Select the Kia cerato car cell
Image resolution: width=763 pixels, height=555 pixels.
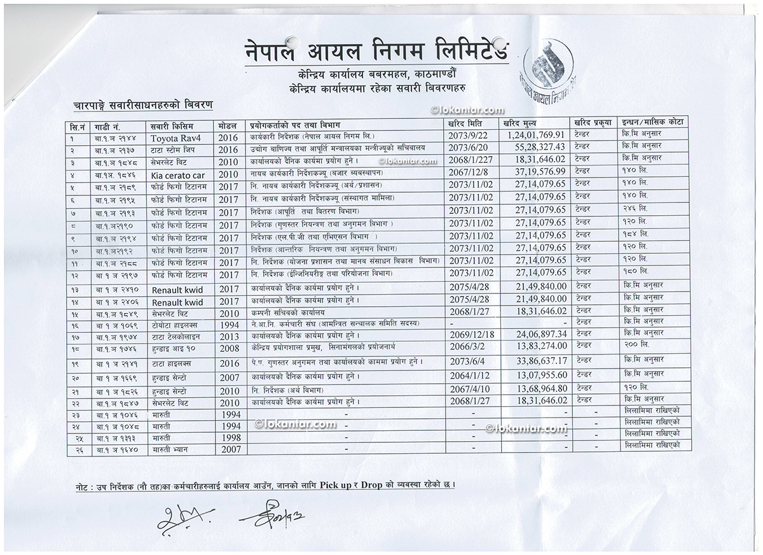point(178,174)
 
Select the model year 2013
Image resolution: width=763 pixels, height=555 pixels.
point(229,335)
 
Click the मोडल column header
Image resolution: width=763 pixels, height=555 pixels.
point(227,125)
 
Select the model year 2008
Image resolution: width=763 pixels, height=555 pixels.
point(229,348)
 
